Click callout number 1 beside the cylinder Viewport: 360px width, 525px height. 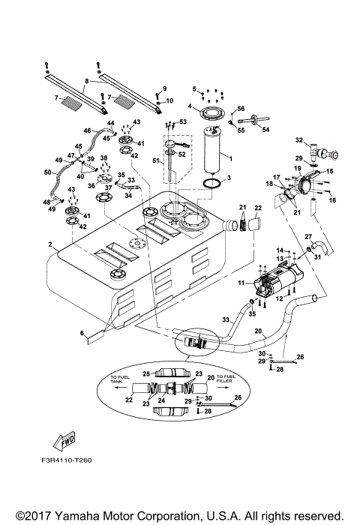[230, 159]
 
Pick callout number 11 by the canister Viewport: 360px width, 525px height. [241, 283]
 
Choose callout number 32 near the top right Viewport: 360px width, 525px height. [298, 139]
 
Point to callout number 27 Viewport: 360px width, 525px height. [307, 236]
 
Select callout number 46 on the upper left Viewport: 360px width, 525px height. [87, 130]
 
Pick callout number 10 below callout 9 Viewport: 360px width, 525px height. [169, 100]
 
